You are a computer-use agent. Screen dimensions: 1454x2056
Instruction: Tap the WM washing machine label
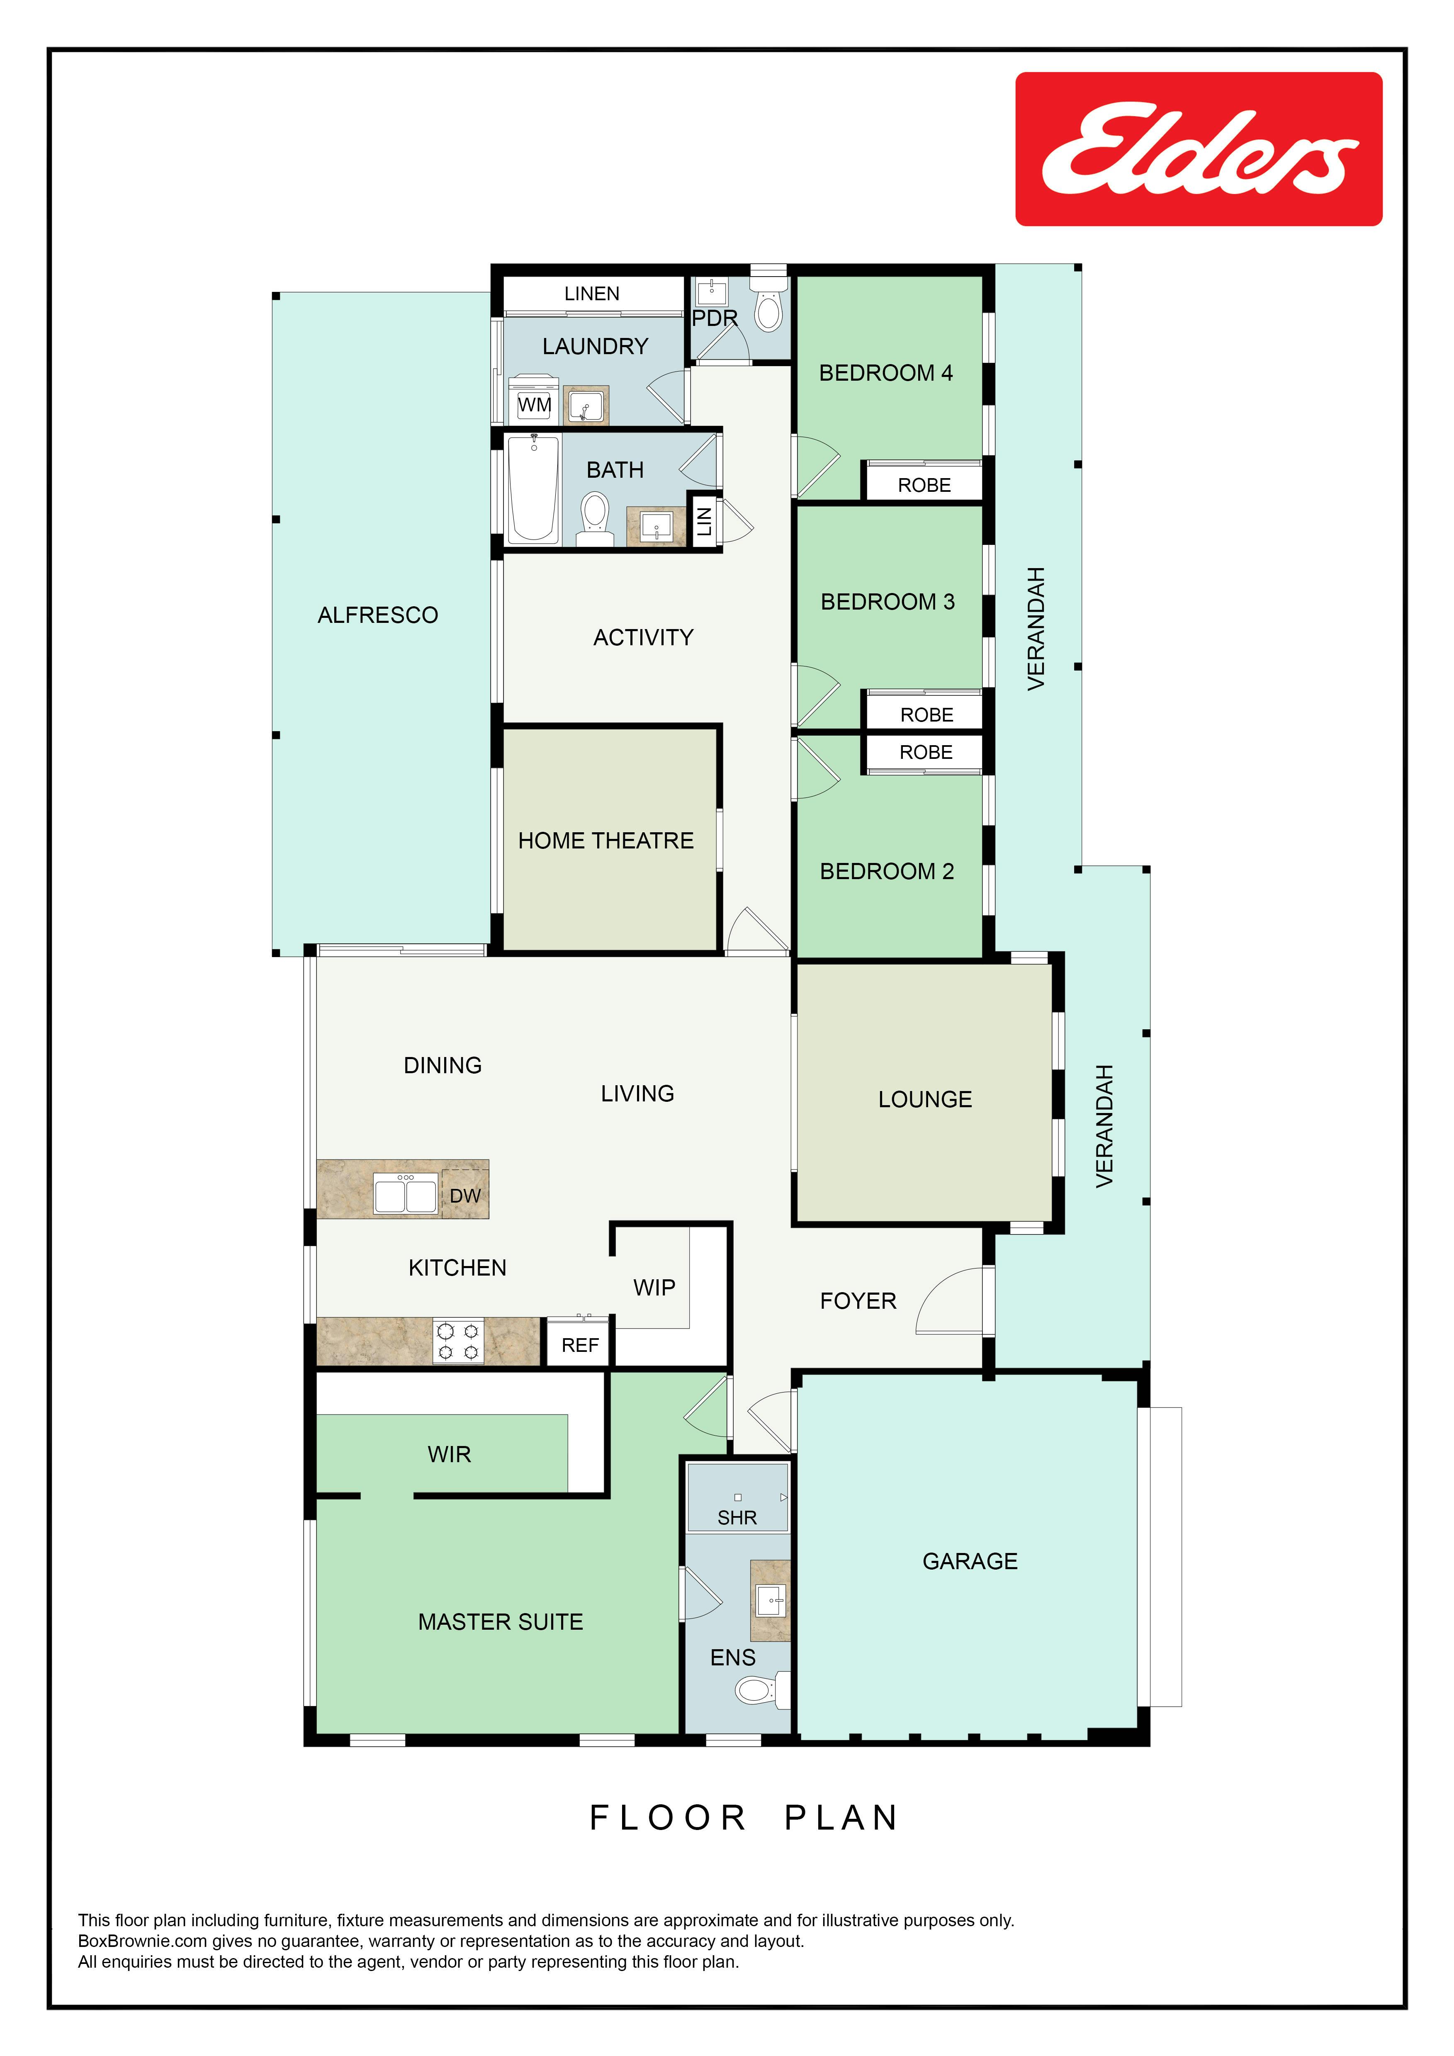click(x=535, y=405)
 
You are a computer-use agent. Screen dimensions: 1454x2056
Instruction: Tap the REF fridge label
click(x=580, y=1345)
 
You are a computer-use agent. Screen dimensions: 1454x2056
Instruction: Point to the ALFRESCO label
click(x=378, y=615)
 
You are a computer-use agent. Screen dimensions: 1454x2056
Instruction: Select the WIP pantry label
click(x=654, y=1288)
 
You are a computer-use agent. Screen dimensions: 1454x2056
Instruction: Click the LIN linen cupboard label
click(x=705, y=521)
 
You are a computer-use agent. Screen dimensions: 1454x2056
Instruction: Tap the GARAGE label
click(x=970, y=1561)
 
